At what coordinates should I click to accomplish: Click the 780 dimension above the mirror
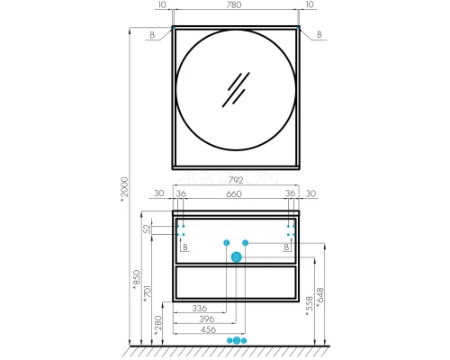click(x=234, y=4)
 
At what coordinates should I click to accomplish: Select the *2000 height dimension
click(x=124, y=189)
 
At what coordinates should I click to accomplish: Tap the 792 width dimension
click(x=236, y=180)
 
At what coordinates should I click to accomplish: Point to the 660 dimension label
click(x=234, y=193)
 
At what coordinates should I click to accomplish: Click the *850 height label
click(x=137, y=280)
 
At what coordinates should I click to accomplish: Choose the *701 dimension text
click(x=147, y=292)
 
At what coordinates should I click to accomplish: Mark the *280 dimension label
click(x=157, y=325)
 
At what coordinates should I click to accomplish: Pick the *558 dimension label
click(x=309, y=306)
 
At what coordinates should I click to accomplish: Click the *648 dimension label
click(x=320, y=298)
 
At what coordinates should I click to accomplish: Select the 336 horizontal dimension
click(x=200, y=308)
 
